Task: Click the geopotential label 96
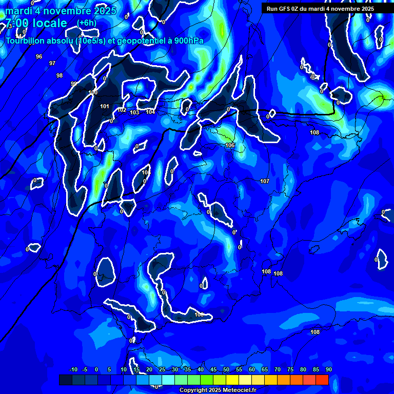tap(39, 56)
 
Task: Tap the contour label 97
tap(52, 63)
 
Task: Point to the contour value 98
tap(60, 75)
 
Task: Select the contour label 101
tap(105, 106)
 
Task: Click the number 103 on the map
tap(134, 112)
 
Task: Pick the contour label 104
tap(150, 112)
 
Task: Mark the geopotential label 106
tap(230, 145)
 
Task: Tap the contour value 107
tap(265, 181)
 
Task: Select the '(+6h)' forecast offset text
tap(87, 23)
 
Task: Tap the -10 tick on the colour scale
tap(73, 369)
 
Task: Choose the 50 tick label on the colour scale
tap(226, 369)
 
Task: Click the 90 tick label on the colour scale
tap(328, 369)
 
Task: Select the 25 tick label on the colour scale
tap(162, 369)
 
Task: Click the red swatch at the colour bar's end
tap(322, 380)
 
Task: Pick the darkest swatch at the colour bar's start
tap(66, 380)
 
